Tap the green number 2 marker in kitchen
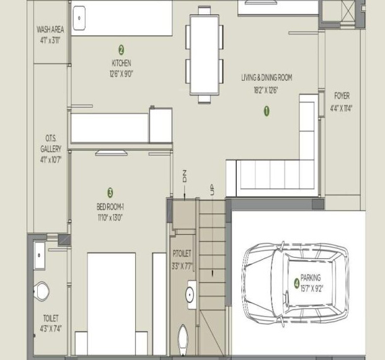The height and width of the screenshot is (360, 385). coord(121,49)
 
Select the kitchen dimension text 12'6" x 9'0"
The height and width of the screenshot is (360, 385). coord(121,73)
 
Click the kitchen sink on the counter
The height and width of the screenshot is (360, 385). coord(79,19)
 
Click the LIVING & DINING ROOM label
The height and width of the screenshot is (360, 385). coord(266,78)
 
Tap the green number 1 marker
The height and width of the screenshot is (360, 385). coord(267,112)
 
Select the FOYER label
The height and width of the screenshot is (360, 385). coord(342,96)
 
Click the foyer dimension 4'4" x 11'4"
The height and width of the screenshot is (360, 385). coord(342,107)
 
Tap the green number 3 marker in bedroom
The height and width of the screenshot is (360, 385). coord(110,192)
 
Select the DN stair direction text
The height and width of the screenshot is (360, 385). coord(184,176)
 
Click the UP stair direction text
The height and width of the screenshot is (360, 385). coord(212,190)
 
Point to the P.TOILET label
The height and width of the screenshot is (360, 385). coord(182,254)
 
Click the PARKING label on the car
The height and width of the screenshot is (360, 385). coord(311,279)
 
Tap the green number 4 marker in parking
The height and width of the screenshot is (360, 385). coord(296,283)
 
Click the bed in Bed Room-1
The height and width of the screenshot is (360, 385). coord(112,304)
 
